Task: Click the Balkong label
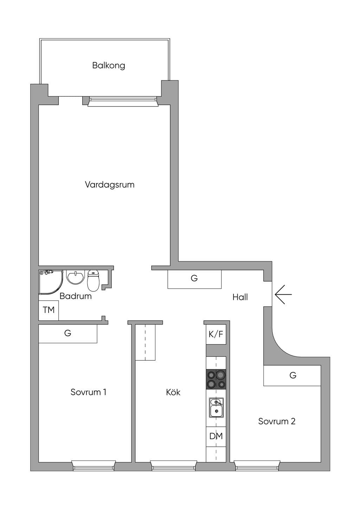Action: pyautogui.click(x=108, y=65)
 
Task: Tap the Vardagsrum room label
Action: pyautogui.click(x=110, y=185)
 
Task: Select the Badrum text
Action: pyautogui.click(x=76, y=296)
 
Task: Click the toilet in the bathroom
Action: pyautogui.click(x=93, y=281)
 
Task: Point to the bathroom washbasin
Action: pyautogui.click(x=75, y=277)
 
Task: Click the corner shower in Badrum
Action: pyautogui.click(x=51, y=282)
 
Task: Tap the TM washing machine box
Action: pyautogui.click(x=49, y=310)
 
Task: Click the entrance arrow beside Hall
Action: pyautogui.click(x=283, y=295)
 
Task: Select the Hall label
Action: pyautogui.click(x=240, y=297)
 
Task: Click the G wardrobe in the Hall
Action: pyautogui.click(x=194, y=279)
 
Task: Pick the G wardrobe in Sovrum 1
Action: pyautogui.click(x=68, y=333)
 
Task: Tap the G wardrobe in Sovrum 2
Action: pyautogui.click(x=292, y=375)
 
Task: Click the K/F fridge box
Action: pyautogui.click(x=216, y=334)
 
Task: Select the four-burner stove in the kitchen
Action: pyautogui.click(x=216, y=379)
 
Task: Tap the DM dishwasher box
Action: pyautogui.click(x=216, y=436)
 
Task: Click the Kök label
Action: pyautogui.click(x=173, y=392)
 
